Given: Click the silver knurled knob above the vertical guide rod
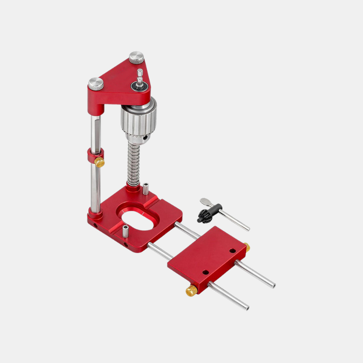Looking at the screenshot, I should point(95,83).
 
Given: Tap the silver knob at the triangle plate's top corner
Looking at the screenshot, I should point(136,58).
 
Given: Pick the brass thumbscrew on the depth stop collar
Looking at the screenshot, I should point(99,162).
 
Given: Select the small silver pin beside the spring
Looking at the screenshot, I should point(146,188).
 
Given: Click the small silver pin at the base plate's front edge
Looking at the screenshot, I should point(125,231).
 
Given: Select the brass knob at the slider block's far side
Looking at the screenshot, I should point(247,247).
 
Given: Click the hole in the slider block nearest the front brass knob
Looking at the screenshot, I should point(205,272).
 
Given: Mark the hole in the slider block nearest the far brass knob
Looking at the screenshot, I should point(232,250).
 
